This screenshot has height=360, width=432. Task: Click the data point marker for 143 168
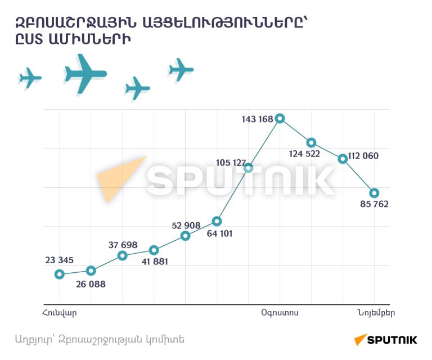pos(280,119)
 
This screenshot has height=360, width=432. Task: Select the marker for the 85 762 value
pos(374,193)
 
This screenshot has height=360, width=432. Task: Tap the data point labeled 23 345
pos(60,274)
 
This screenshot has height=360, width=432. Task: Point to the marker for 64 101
pos(217,221)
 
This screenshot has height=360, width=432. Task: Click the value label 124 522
pos(304,154)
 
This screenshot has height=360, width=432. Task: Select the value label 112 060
pos(363,156)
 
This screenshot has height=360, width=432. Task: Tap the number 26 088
pos(91,284)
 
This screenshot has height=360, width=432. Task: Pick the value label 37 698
pos(123,245)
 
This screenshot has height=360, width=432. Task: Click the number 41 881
pos(155,262)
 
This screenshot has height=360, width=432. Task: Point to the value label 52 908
pos(186,226)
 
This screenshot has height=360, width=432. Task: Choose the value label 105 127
pos(231,163)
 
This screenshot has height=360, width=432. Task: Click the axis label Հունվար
pos(60,313)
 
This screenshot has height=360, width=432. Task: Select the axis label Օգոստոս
pos(280,313)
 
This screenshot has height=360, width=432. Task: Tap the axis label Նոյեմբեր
pos(376,313)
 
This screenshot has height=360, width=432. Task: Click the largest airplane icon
pos(85,74)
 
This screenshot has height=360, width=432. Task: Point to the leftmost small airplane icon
pos(30,78)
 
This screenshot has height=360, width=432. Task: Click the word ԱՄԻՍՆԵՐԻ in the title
pos(89,39)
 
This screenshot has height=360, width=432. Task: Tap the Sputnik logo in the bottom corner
pos(385,339)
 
